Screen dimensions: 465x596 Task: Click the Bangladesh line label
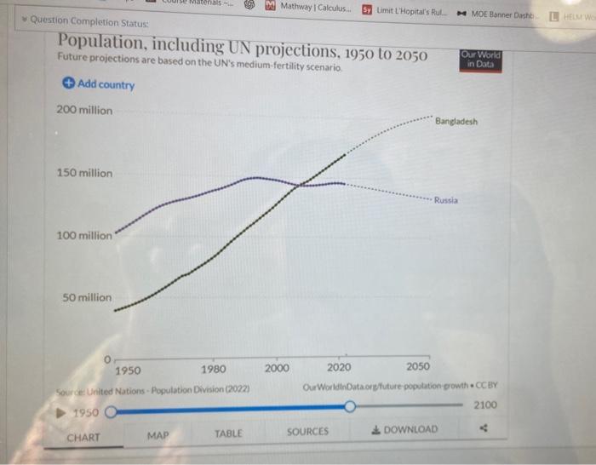pyautogui.click(x=456, y=122)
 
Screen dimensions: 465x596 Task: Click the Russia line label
pyautogui.click(x=445, y=200)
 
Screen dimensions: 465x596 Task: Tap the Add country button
pyautogui.click(x=99, y=84)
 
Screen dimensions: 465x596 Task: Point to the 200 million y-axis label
pyautogui.click(x=84, y=111)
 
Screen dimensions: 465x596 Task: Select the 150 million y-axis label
pyautogui.click(x=84, y=173)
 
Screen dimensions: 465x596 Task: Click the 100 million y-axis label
pyautogui.click(x=84, y=235)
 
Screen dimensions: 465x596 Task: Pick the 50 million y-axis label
pyautogui.click(x=87, y=297)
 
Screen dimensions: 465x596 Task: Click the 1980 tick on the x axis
pyautogui.click(x=214, y=370)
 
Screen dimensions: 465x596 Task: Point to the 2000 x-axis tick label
pyautogui.click(x=277, y=368)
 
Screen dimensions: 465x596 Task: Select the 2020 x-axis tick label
pyautogui.click(x=339, y=368)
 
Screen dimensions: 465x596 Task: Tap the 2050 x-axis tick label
pyautogui.click(x=418, y=367)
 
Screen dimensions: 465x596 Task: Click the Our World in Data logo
pyautogui.click(x=480, y=59)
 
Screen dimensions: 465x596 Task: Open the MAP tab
pyautogui.click(x=158, y=435)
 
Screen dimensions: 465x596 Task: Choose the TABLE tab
pyautogui.click(x=228, y=433)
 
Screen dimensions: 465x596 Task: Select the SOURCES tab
pyautogui.click(x=307, y=432)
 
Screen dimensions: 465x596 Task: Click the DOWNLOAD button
pyautogui.click(x=406, y=429)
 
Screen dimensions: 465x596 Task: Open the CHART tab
pyautogui.click(x=83, y=438)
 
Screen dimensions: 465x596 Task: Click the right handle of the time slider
pyautogui.click(x=349, y=408)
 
